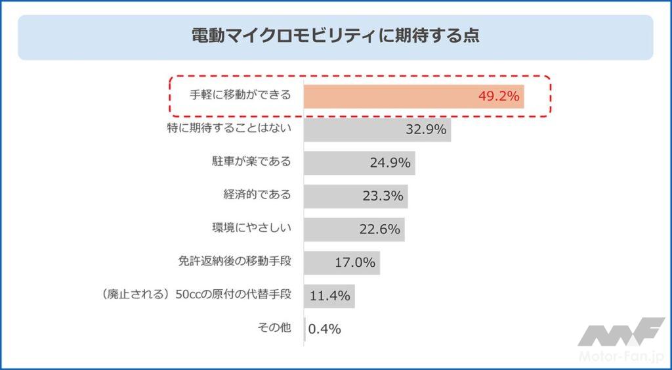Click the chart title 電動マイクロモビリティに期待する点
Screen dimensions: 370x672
point(335,35)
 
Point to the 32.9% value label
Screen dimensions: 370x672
point(426,129)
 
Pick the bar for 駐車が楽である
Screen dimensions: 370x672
point(335,162)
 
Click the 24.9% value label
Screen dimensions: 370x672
point(390,162)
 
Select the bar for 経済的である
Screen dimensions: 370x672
point(331,196)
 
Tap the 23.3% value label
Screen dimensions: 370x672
point(383,196)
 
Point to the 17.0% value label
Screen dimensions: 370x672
point(355,262)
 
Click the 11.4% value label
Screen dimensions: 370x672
point(329,296)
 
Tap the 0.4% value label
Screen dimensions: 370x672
point(324,329)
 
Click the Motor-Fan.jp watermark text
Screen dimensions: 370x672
point(621,357)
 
